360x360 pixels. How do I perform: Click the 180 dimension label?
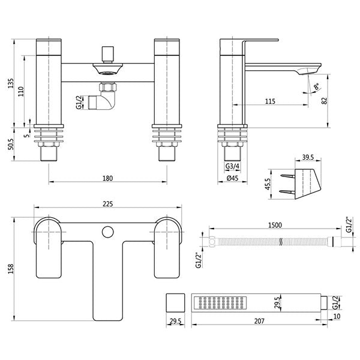108,178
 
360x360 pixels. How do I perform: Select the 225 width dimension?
108,204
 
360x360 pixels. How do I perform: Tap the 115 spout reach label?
269,101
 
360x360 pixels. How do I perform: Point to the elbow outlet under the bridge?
105,97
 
